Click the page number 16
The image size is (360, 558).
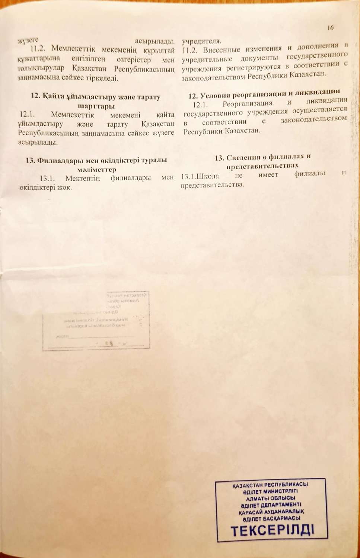(331, 28)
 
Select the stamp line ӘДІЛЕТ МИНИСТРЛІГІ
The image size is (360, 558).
(271, 491)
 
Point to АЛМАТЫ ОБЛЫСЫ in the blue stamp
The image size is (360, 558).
(271, 498)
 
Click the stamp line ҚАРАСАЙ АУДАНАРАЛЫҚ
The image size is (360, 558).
(271, 512)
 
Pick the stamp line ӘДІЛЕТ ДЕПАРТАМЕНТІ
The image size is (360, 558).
(271, 505)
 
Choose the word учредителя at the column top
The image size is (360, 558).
(201, 41)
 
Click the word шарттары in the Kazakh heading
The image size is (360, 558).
(95, 106)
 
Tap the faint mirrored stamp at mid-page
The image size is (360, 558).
(96, 320)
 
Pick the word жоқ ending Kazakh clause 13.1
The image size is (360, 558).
(64, 187)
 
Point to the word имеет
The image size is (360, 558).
(268, 174)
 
